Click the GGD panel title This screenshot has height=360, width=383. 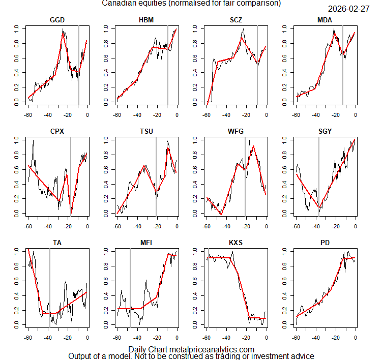click(57, 20)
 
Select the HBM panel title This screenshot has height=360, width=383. click(146, 20)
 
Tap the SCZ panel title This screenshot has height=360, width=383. click(236, 20)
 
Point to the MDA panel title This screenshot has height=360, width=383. click(325, 20)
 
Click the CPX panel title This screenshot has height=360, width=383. click(57, 131)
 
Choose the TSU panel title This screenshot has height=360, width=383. click(146, 131)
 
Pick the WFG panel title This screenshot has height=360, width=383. click(236, 131)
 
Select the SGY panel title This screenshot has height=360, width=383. click(325, 131)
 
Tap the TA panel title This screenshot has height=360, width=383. click(57, 243)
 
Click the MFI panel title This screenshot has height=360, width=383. click(146, 243)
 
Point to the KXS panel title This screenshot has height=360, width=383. click(236, 243)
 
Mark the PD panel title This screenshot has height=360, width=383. click(325, 243)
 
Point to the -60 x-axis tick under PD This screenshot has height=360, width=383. click(296, 337)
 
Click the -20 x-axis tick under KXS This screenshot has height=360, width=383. click(246, 337)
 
